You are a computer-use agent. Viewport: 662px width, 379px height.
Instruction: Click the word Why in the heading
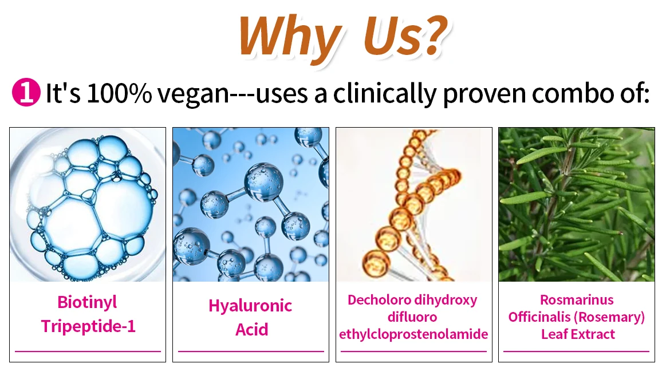point(290,38)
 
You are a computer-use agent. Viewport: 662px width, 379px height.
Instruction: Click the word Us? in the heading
point(405,36)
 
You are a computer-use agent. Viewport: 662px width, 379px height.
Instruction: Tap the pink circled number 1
point(26,92)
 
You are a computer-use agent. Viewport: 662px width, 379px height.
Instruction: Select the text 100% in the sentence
point(119,93)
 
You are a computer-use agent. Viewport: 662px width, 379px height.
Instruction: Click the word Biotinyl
point(87,303)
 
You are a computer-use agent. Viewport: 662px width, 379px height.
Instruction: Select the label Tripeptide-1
point(88,326)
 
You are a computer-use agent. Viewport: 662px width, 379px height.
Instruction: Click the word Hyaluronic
point(250,306)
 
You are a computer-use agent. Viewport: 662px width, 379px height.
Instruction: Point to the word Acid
point(251,329)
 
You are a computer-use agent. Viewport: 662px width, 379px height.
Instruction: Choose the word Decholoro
point(379,299)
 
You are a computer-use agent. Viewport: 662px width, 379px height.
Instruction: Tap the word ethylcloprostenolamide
point(413,334)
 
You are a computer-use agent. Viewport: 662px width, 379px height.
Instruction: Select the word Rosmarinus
point(577,299)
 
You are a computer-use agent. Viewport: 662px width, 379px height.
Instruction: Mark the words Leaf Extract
point(578,334)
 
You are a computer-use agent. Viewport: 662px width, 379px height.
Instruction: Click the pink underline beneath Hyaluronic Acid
point(251,351)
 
